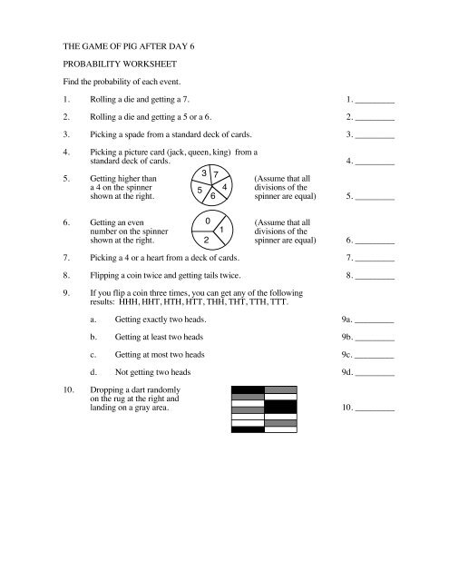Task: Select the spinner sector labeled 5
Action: point(200,192)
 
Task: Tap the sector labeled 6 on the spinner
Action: point(213,196)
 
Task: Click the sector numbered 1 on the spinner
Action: point(223,230)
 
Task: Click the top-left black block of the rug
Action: point(248,389)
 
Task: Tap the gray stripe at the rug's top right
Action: point(280,389)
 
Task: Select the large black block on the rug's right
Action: point(280,407)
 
